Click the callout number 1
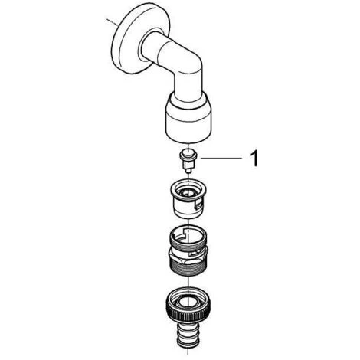point(254,159)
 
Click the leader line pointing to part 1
point(221,159)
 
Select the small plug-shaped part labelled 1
point(188,161)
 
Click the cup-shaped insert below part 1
point(188,198)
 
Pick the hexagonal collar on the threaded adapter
point(188,257)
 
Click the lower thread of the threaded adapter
point(188,270)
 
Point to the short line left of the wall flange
point(112,21)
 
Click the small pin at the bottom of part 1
point(188,171)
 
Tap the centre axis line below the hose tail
point(188,352)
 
